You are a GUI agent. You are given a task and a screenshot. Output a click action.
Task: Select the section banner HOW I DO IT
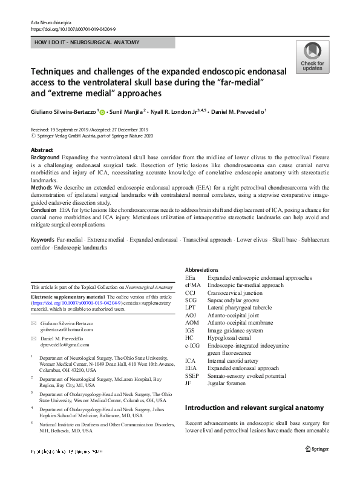[87, 42]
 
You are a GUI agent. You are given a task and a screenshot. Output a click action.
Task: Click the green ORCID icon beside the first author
[102, 113]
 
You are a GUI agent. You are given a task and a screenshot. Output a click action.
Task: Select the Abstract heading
[42, 150]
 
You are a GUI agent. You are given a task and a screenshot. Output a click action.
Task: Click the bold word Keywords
[42, 240]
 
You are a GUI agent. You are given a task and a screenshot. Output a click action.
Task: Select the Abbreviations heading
[201, 269]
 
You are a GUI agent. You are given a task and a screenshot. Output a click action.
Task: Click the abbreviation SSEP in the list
[192, 375]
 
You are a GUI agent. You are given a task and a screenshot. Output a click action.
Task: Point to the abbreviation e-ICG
[193, 345]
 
